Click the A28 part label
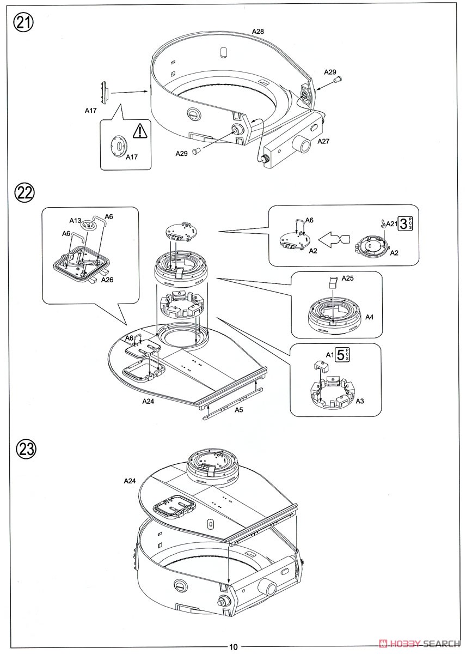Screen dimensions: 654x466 (x=257, y=32)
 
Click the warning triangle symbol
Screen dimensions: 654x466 (x=140, y=131)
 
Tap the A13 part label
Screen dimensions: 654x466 (x=75, y=220)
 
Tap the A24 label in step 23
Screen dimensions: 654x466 (x=129, y=481)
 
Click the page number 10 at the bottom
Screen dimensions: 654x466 (x=233, y=647)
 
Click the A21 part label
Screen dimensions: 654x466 (x=391, y=223)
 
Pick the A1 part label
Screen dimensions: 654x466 (x=329, y=355)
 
